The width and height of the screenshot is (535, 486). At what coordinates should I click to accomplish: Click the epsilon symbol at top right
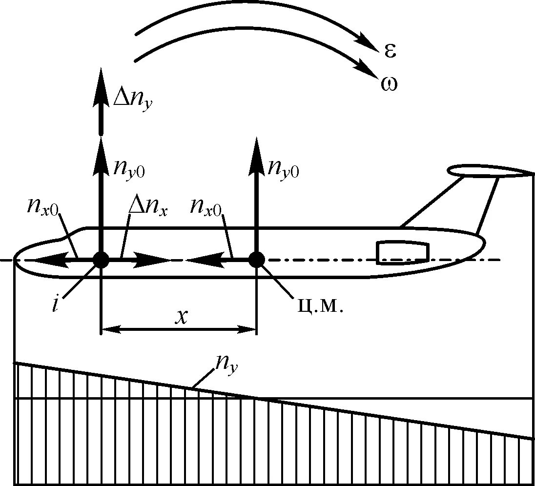tap(389, 50)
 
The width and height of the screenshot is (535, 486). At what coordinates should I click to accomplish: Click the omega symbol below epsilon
tap(389, 84)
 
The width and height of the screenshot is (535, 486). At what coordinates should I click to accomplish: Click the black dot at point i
tap(101, 260)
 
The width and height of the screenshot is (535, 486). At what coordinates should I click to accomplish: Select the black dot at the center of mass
tap(256, 260)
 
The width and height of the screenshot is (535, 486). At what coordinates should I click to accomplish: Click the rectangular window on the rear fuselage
tap(403, 252)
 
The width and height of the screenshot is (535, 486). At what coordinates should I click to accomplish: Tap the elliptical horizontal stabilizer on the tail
tap(488, 171)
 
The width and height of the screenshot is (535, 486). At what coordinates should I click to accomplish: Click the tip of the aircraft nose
tap(15, 260)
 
